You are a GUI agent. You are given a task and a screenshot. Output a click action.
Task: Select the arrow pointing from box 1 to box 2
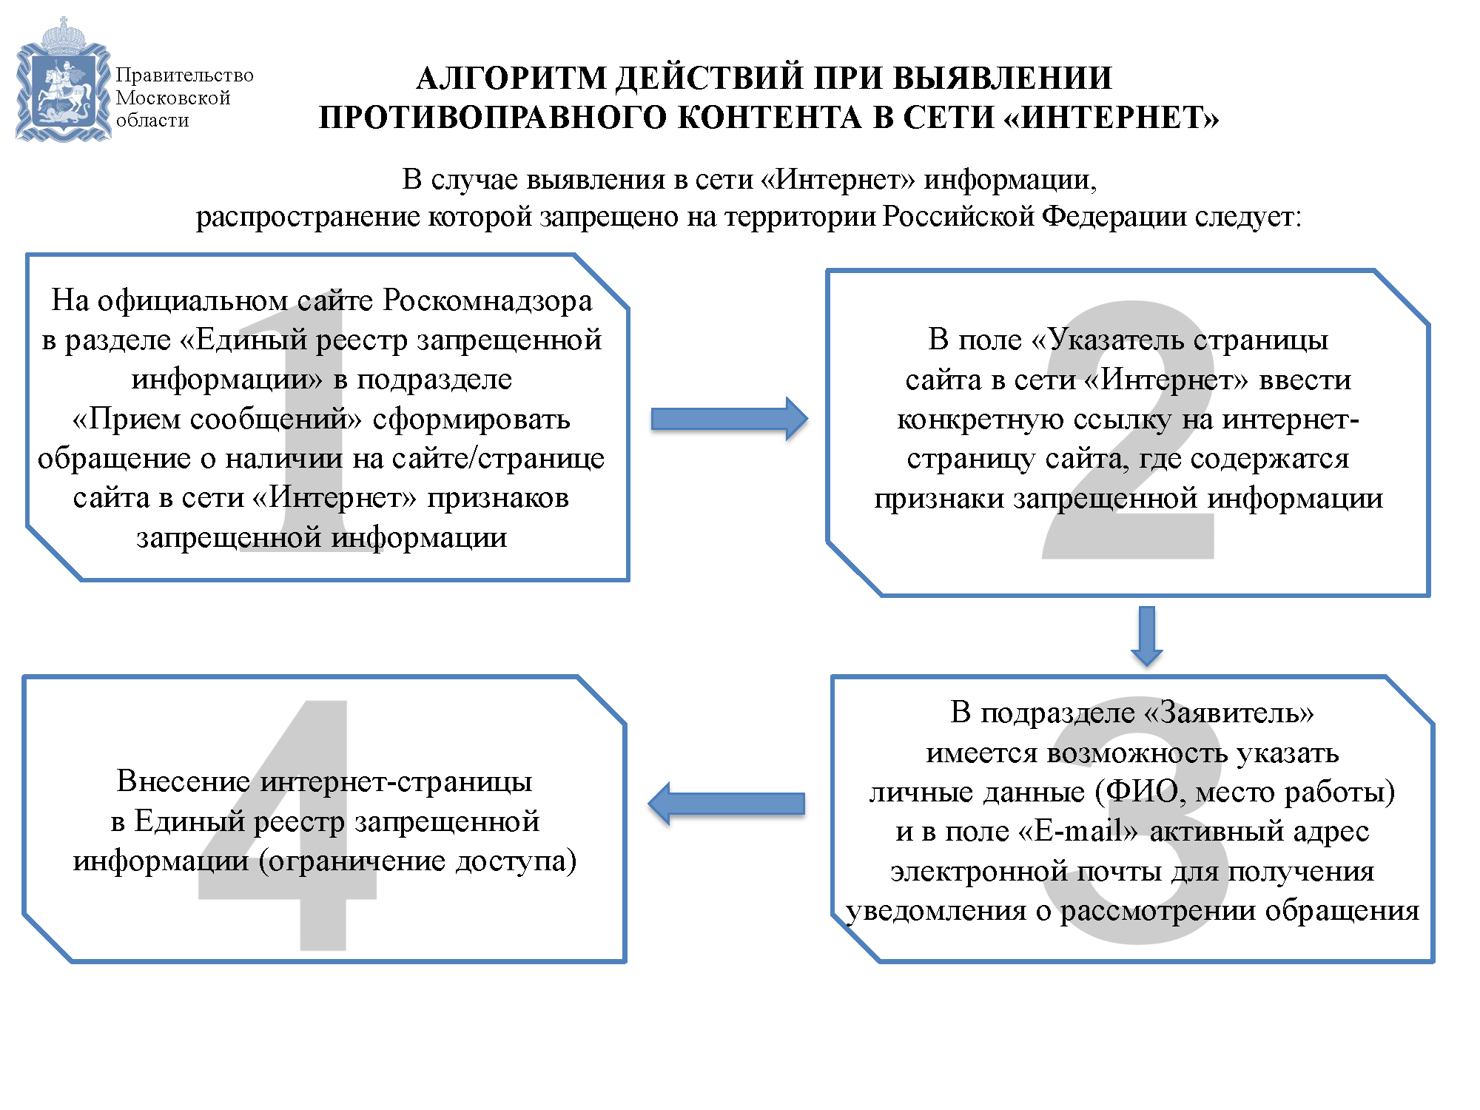pyautogui.click(x=730, y=419)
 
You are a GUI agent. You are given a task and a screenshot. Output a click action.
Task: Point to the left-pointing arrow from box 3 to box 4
pyautogui.click(x=726, y=804)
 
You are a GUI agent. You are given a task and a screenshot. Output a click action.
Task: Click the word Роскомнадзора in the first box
pyautogui.click(x=488, y=300)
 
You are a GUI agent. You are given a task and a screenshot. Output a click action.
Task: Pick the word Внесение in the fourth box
pyautogui.click(x=184, y=781)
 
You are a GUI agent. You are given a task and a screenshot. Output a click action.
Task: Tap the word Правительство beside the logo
pyautogui.click(x=184, y=75)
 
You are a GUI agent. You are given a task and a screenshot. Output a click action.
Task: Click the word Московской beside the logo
pyautogui.click(x=173, y=98)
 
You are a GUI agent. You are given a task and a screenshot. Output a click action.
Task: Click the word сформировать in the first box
pyautogui.click(x=471, y=420)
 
